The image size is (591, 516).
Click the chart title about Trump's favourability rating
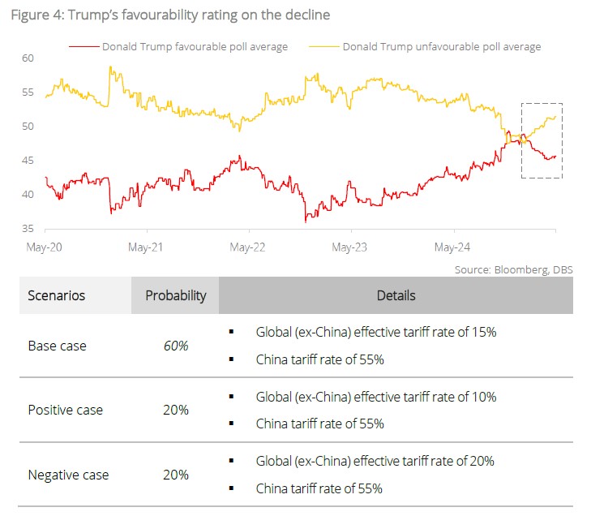pos(170,15)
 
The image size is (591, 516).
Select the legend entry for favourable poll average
pos(195,46)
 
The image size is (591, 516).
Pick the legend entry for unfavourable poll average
pos(441,46)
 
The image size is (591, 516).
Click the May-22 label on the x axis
pos(248,246)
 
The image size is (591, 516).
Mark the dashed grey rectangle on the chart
pos(541,140)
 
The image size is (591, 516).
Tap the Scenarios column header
pos(57,295)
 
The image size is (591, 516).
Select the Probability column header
pos(175,295)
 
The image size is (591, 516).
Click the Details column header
pos(396,295)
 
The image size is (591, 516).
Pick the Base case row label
pos(57,346)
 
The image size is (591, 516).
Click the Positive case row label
pos(66,410)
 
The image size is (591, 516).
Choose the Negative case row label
pos(68,475)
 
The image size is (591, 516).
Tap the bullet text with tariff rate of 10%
pos(375,397)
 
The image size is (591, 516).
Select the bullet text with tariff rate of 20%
pos(375,461)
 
